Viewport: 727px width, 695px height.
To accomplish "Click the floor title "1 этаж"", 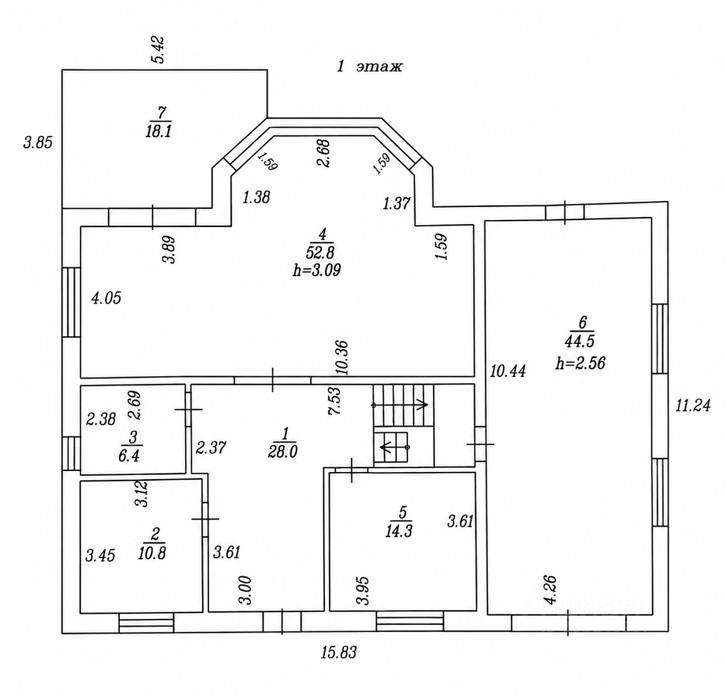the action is tap(369, 67).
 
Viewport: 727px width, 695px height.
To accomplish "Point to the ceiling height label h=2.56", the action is tap(580, 363).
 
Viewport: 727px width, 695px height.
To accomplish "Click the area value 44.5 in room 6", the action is tap(579, 341).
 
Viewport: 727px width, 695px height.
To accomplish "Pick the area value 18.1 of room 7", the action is tap(158, 131).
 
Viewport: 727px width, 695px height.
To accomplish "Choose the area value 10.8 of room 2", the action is tap(152, 553).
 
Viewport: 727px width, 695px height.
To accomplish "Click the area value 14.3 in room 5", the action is tap(399, 531).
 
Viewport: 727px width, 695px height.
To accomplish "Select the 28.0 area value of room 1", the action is tap(282, 453).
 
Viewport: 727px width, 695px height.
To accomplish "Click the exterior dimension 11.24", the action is tap(693, 405).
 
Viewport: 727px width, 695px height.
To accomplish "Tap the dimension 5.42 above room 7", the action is tap(159, 50).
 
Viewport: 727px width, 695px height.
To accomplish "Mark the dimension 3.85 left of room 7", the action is tap(38, 143).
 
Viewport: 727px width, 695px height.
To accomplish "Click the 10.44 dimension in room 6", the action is tap(508, 371).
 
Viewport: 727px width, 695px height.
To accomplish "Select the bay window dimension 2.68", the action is tap(324, 153).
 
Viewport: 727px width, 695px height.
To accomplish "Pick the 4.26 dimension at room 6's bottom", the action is tap(551, 590).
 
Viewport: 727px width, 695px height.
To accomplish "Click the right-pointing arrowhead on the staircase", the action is tap(424, 405).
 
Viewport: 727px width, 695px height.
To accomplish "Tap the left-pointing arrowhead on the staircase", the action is tap(384, 447).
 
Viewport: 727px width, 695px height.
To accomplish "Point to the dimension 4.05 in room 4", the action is tap(106, 298).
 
